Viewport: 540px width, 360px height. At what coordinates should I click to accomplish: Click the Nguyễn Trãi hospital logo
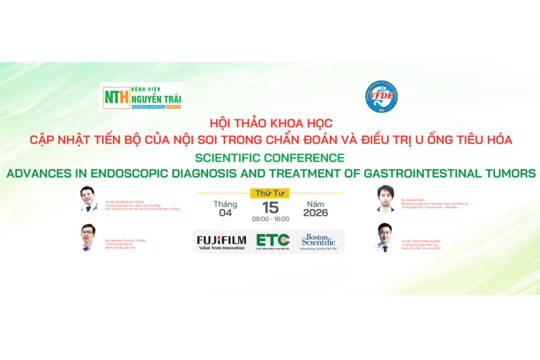pos(141,96)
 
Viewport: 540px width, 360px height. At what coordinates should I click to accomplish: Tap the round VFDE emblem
pos(381,97)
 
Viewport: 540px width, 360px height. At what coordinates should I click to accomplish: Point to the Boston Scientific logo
pos(319,242)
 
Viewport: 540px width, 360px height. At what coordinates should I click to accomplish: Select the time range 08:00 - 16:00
pos(270,219)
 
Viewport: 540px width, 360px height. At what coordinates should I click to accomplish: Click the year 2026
pos(315,213)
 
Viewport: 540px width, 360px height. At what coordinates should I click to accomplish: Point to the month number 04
pos(225,213)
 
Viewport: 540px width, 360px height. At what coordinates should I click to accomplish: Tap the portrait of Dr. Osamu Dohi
pos(386,198)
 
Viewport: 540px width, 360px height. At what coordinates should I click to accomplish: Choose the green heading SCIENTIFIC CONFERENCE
pos(269,158)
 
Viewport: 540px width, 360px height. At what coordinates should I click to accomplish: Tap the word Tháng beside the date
pos(225,204)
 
